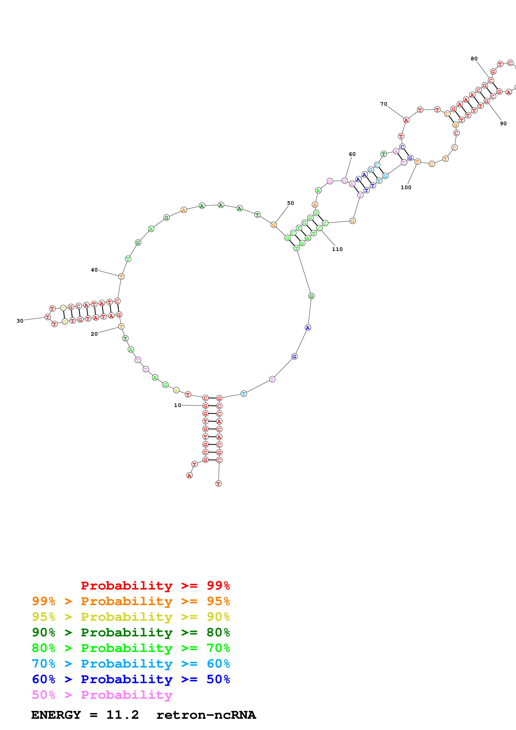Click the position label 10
click(177, 405)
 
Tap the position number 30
click(20, 321)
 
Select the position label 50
click(290, 203)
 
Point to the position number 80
click(474, 58)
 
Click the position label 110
click(337, 249)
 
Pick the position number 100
click(406, 187)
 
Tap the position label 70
click(384, 104)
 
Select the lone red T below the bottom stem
click(218, 484)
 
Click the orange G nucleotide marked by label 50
click(274, 225)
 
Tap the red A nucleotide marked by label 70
click(406, 120)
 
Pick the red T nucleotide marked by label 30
click(48, 317)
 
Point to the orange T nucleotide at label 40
click(121, 277)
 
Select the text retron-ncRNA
click(206, 715)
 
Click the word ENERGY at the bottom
click(56, 715)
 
